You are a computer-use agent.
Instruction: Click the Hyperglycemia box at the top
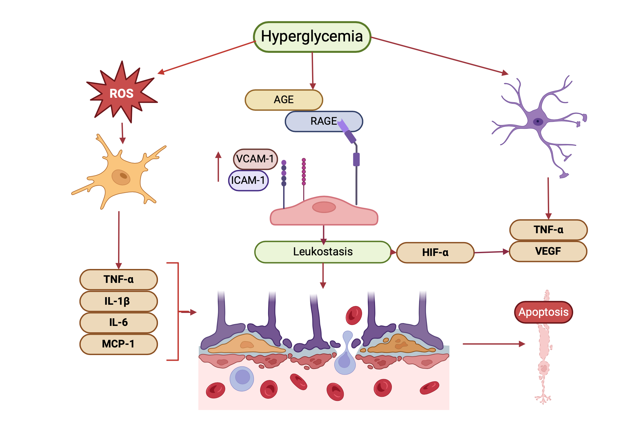(312, 37)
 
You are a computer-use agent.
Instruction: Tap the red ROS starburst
(122, 93)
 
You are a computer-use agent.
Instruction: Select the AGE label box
(284, 100)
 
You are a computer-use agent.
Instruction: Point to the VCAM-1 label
(255, 159)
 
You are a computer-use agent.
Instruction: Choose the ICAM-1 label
(248, 180)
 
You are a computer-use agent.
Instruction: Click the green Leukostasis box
(323, 252)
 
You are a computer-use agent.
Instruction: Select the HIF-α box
(435, 253)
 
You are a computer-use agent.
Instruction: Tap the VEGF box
(548, 251)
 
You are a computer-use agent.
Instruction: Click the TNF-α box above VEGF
(548, 230)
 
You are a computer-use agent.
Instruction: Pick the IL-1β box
(118, 301)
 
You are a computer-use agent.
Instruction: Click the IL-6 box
(118, 322)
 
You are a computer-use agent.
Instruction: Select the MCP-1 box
(118, 344)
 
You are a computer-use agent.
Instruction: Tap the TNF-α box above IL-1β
(118, 279)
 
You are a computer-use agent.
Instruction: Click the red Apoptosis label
(543, 312)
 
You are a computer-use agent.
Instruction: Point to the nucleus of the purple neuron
(538, 122)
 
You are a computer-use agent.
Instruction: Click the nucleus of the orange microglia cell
(121, 177)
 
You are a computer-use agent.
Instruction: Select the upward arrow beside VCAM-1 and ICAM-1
(218, 166)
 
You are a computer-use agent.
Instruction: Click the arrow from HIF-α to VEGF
(492, 252)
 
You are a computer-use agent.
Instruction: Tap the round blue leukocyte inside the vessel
(242, 378)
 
